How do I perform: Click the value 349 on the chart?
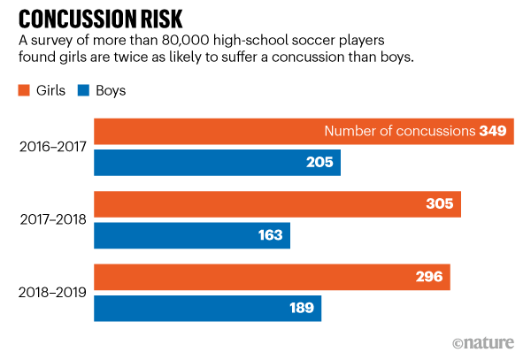[492, 132]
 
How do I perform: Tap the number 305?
[439, 204]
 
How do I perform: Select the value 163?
[269, 235]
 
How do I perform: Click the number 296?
[428, 277]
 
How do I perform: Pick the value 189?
[300, 308]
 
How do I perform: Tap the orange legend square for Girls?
[23, 90]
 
